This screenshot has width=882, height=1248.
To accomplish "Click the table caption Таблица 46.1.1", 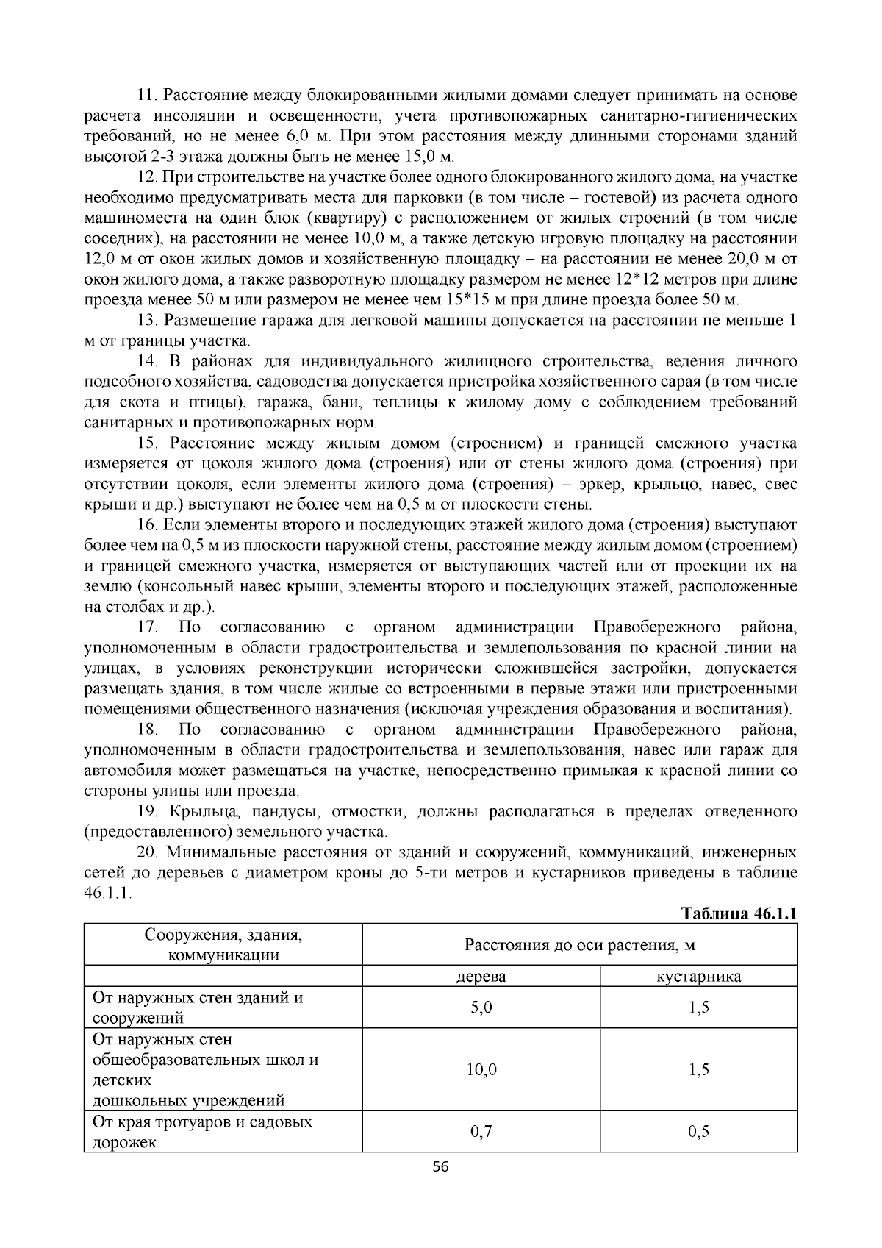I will point(739,913).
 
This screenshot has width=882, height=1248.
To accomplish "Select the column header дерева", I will point(481,977).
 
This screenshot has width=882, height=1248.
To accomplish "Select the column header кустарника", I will point(698,977).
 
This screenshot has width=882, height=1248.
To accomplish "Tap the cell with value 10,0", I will point(481,1069).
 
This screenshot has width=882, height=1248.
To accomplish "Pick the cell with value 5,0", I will point(481,1008).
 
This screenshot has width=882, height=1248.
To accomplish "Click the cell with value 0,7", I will point(481,1132).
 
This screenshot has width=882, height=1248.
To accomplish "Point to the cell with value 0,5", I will point(698,1132).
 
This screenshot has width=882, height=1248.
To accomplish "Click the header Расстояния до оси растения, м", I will point(579,945).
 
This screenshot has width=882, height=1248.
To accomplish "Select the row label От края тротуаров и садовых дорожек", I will point(202,1132).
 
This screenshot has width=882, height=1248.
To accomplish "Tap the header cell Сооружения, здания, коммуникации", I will point(223,945).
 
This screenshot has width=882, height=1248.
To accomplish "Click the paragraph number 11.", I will point(147,96).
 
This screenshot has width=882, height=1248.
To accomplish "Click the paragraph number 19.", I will point(148,812).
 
